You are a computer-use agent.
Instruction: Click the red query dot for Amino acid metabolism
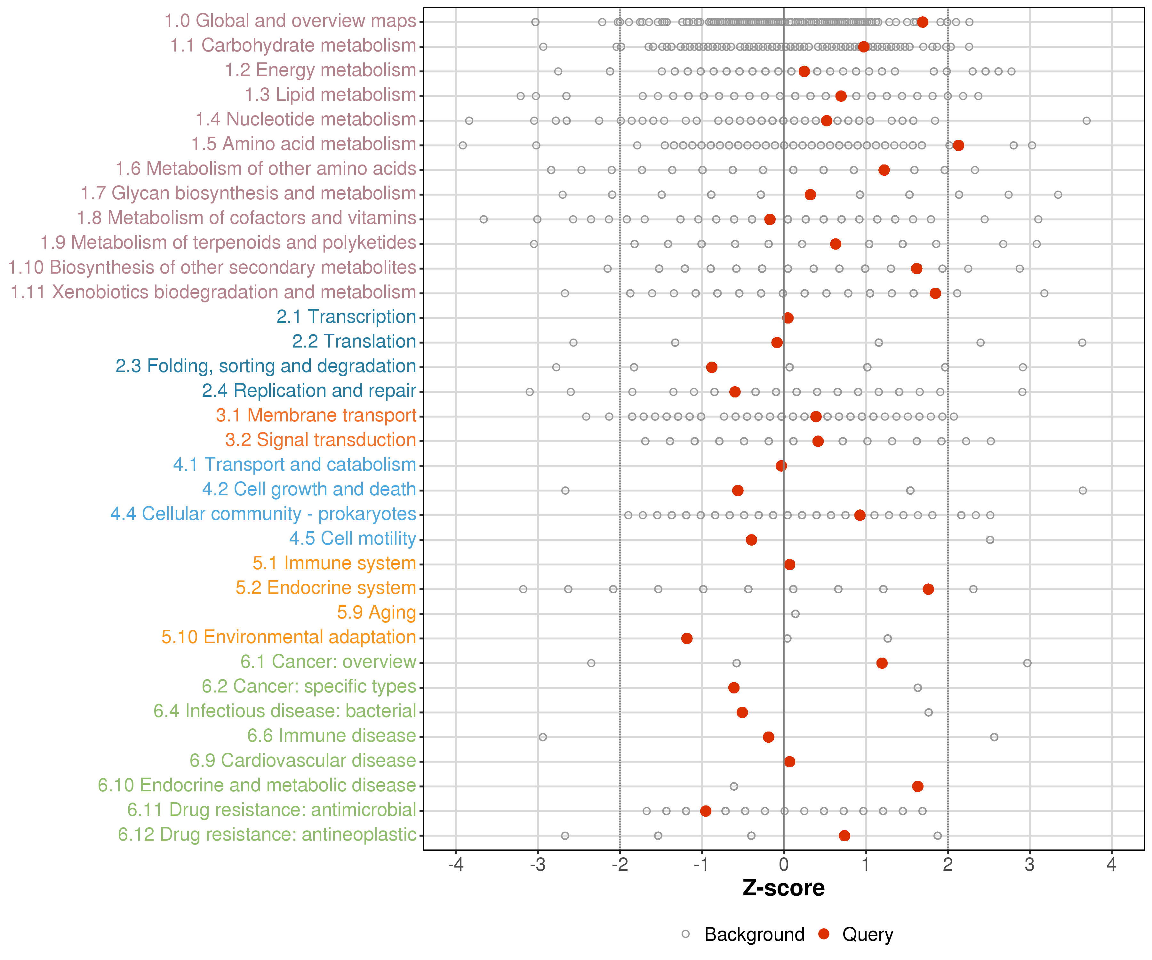(x=958, y=145)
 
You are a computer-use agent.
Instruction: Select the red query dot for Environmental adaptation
(x=687, y=638)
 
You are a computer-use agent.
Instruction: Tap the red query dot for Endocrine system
(x=928, y=589)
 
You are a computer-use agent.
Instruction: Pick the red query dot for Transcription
(x=788, y=318)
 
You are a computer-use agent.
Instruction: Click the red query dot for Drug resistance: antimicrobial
(x=706, y=811)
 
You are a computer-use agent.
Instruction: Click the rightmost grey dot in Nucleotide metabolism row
(x=1087, y=121)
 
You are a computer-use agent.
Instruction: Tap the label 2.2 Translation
(x=354, y=342)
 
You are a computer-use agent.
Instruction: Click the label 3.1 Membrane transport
(x=316, y=415)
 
